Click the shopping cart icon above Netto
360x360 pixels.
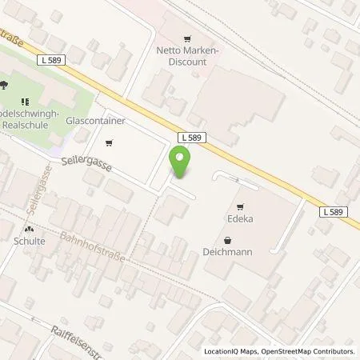click(188, 38)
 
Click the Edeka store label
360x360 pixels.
click(239, 217)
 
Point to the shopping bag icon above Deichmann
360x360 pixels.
click(229, 240)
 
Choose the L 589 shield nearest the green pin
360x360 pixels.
click(194, 138)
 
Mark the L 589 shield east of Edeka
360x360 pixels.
click(337, 211)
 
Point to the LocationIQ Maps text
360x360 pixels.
click(231, 351)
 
